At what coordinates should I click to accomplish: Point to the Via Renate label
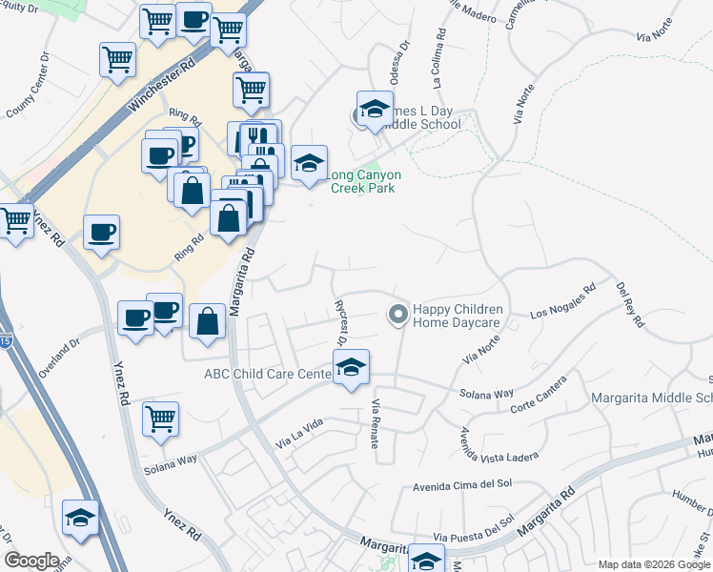click(x=376, y=412)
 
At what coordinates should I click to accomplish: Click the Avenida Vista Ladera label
click(x=494, y=439)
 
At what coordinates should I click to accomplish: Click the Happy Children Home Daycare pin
click(x=397, y=313)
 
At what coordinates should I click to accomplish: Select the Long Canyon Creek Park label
click(x=363, y=181)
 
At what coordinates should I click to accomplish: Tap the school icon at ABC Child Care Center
click(x=351, y=368)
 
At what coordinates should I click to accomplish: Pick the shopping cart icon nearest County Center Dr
click(x=117, y=60)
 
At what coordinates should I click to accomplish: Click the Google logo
click(x=31, y=560)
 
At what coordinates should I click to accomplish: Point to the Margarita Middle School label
click(x=652, y=398)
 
